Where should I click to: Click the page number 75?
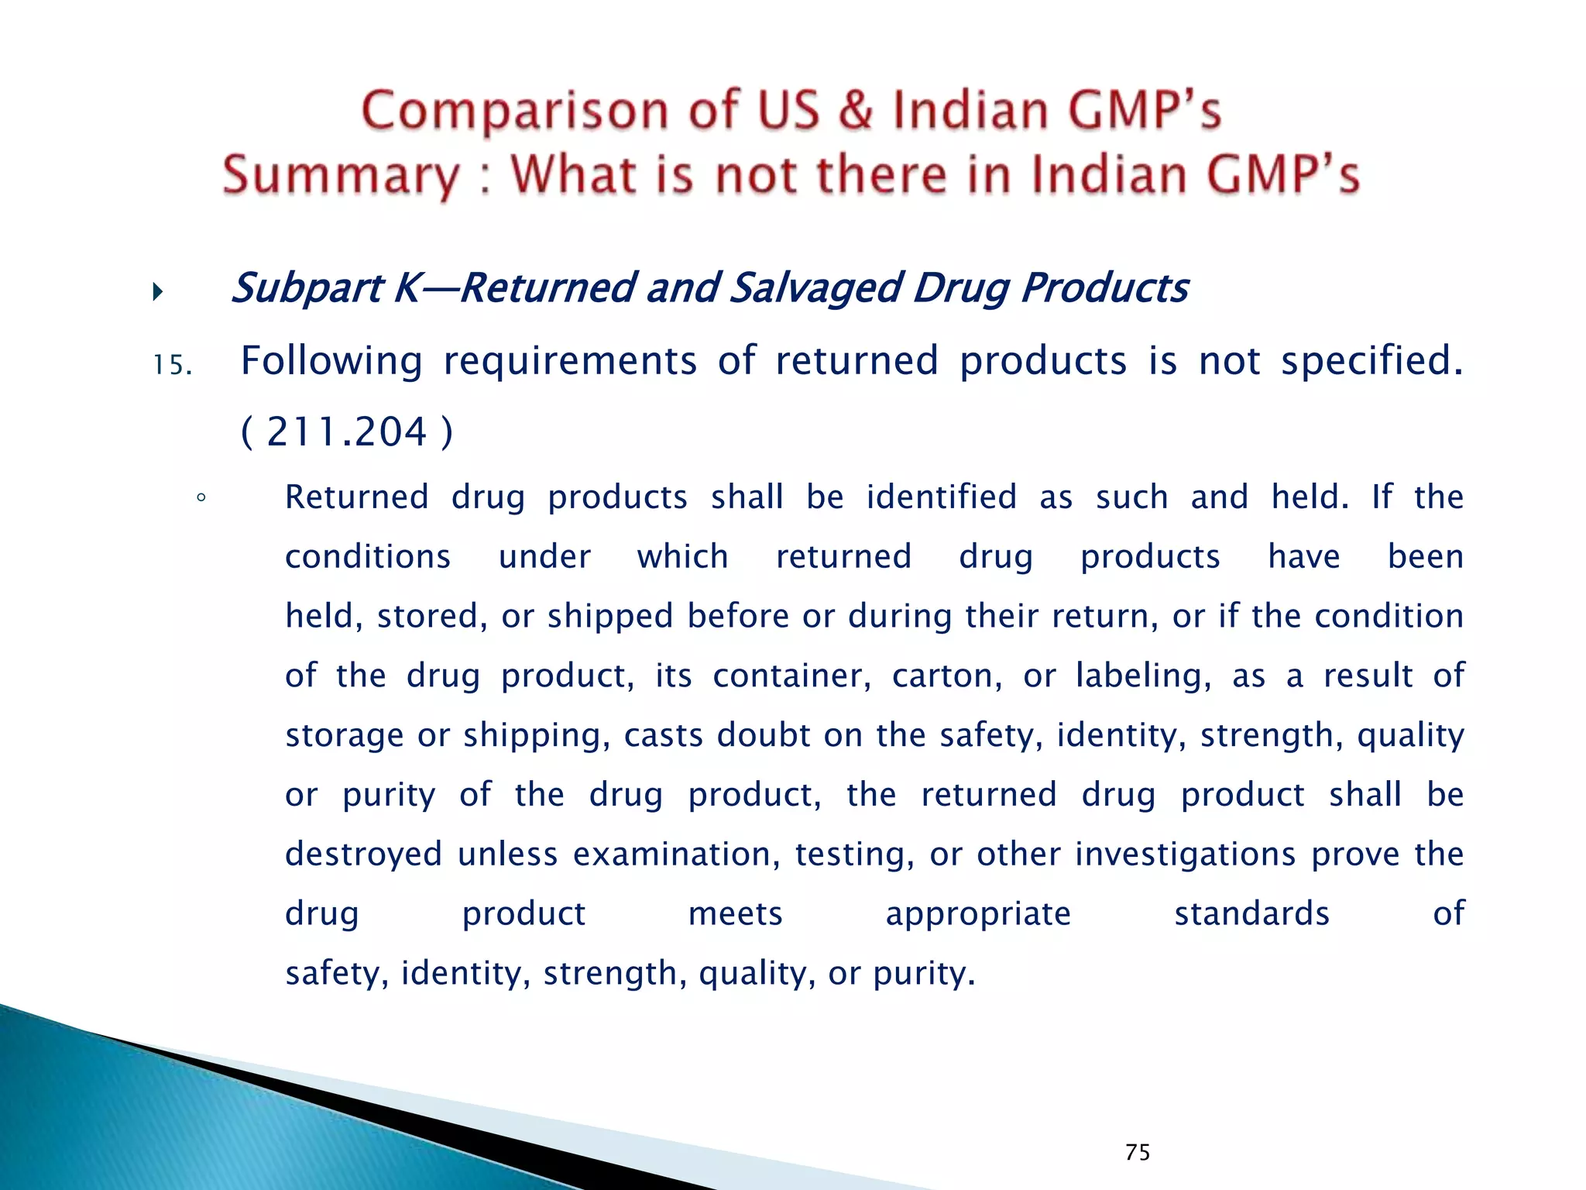[x=1138, y=1152]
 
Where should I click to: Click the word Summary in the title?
[x=341, y=175]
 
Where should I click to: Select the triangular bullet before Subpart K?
[x=158, y=292]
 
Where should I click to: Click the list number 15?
[x=172, y=365]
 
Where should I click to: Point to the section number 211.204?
[x=346, y=432]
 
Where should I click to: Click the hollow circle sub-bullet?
[x=201, y=498]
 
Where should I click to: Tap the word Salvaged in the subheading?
[x=815, y=288]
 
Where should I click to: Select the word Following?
[x=331, y=361]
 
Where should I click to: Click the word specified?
[x=1371, y=361]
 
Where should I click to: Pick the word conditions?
[x=368, y=557]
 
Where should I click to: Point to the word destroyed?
[x=364, y=854]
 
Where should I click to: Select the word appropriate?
[x=978, y=914]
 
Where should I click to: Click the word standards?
[x=1251, y=913]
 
